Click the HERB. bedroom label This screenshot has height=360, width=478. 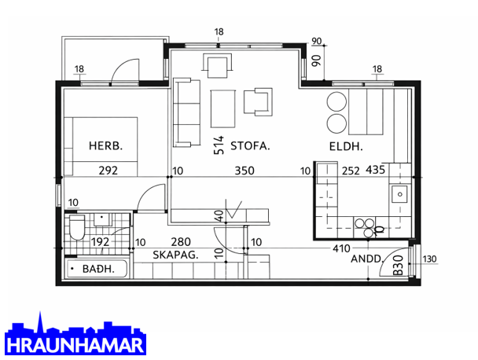[x=105, y=145]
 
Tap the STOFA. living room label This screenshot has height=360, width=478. [x=250, y=146]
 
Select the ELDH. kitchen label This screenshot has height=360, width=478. [x=346, y=147]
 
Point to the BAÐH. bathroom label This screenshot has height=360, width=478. [x=98, y=269]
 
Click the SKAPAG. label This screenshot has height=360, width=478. [x=175, y=255]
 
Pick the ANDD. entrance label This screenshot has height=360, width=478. [x=366, y=259]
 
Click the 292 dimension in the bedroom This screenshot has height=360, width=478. [x=108, y=170]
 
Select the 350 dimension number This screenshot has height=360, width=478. [x=245, y=171]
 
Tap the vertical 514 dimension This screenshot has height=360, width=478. [x=219, y=145]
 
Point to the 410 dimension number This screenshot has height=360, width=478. [x=341, y=248]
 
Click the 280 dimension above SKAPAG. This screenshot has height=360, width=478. [x=181, y=242]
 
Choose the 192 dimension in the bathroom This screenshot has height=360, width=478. [x=101, y=242]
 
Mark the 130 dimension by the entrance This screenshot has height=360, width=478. [x=430, y=259]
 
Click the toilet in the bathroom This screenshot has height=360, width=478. [x=77, y=227]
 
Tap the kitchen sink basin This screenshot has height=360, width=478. [x=399, y=194]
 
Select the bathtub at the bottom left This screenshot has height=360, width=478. [x=97, y=269]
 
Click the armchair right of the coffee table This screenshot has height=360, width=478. [x=258, y=102]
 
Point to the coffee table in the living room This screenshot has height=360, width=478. [x=222, y=108]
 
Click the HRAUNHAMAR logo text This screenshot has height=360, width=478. [x=75, y=345]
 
